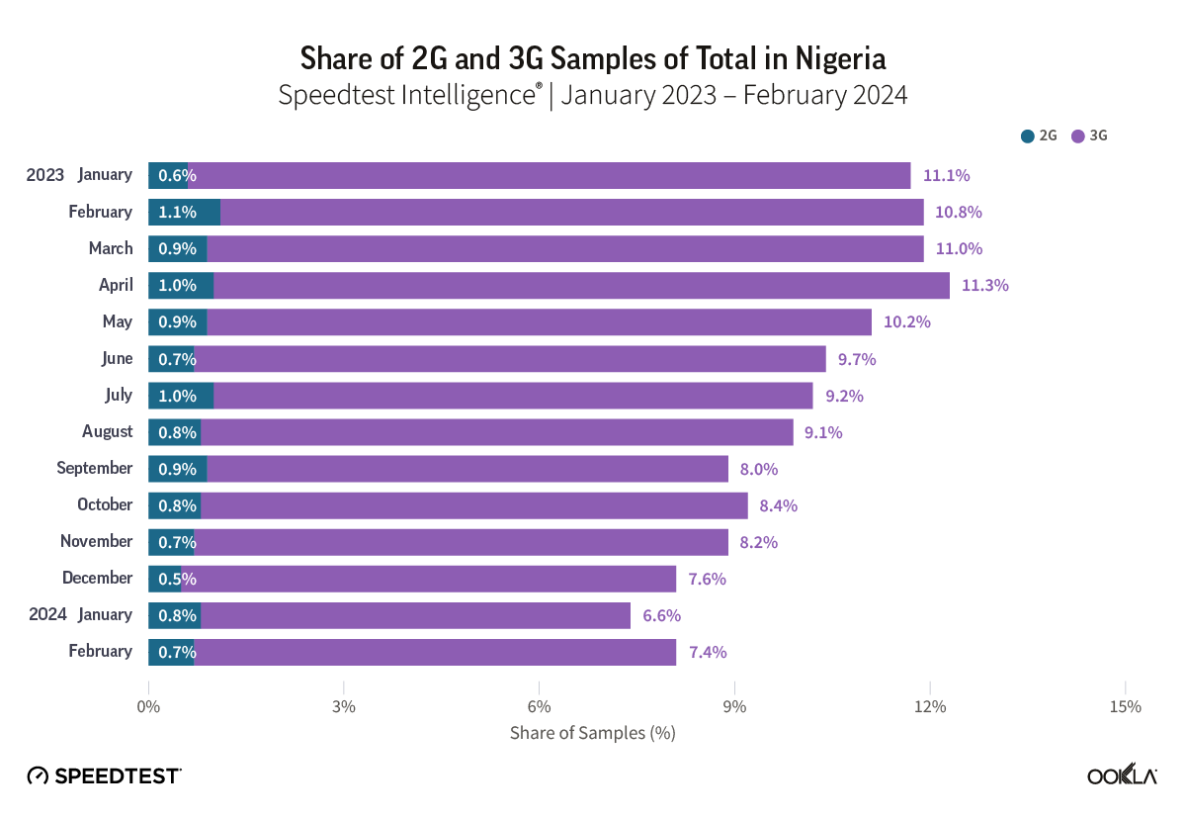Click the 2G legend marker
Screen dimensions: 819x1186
1028,136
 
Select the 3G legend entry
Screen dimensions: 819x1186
1090,136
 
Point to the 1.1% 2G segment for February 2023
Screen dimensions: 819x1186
184,212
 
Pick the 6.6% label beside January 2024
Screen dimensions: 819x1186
661,615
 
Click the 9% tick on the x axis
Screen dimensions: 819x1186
734,706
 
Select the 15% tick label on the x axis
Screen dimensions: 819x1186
1125,706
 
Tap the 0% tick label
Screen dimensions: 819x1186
148,706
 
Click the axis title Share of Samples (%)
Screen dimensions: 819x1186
592,733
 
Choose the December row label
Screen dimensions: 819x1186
97,578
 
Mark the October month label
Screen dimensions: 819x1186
105,504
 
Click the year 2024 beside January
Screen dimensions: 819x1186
45,614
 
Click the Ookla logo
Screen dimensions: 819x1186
1122,775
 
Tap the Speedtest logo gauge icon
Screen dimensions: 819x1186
38,775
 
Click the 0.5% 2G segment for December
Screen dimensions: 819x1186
165,579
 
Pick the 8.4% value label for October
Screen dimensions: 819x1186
778,505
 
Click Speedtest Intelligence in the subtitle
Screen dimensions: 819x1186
407,96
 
